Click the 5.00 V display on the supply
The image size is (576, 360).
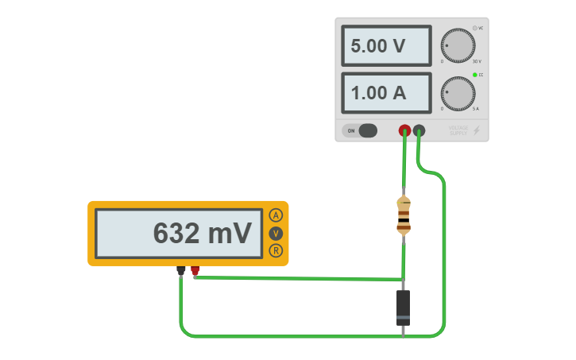tap(386, 46)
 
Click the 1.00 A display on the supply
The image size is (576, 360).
tap(386, 93)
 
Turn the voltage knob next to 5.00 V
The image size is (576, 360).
tap(458, 45)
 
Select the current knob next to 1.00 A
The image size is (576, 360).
tap(458, 93)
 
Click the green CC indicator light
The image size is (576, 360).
tap(475, 75)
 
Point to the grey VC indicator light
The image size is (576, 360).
tap(475, 28)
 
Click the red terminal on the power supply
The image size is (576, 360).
tap(404, 130)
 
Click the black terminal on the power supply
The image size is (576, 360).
tap(419, 130)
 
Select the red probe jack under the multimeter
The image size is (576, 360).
tap(195, 271)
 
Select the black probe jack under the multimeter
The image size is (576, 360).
tap(181, 271)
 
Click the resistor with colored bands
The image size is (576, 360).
tap(404, 216)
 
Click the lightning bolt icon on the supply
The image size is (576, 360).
tap(477, 130)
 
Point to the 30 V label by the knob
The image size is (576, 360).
tap(476, 61)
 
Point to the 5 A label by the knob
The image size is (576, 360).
tap(476, 109)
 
